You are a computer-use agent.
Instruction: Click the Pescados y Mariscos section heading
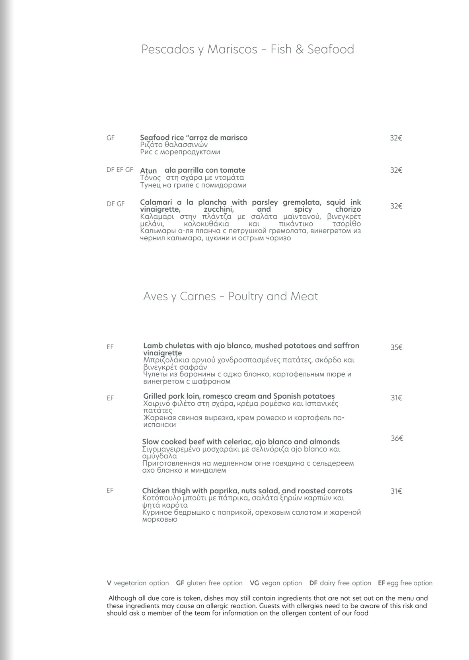pyautogui.click(x=247, y=49)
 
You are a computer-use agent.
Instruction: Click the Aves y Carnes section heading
pyautogui.click(x=230, y=296)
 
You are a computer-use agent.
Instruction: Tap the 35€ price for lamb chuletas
pyautogui.click(x=396, y=347)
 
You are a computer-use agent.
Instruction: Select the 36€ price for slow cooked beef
pyautogui.click(x=397, y=438)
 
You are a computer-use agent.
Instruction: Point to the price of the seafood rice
pyautogui.click(x=396, y=138)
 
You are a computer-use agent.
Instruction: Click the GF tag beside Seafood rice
pyautogui.click(x=111, y=138)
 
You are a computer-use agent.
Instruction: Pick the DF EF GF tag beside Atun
pyautogui.click(x=120, y=170)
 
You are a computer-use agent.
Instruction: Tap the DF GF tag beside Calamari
pyautogui.click(x=115, y=204)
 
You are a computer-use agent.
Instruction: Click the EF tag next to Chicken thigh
pyautogui.click(x=110, y=491)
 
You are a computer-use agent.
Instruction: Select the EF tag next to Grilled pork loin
pyautogui.click(x=110, y=398)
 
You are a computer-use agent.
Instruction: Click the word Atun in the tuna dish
pyautogui.click(x=148, y=171)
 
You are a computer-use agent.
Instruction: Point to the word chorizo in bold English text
pyautogui.click(x=348, y=209)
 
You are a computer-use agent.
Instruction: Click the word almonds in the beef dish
pyautogui.click(x=325, y=442)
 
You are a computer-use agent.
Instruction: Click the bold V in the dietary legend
pyautogui.click(x=109, y=583)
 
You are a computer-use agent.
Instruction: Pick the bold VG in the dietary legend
pyautogui.click(x=254, y=583)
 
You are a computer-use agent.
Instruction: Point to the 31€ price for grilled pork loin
pyautogui.click(x=396, y=398)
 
